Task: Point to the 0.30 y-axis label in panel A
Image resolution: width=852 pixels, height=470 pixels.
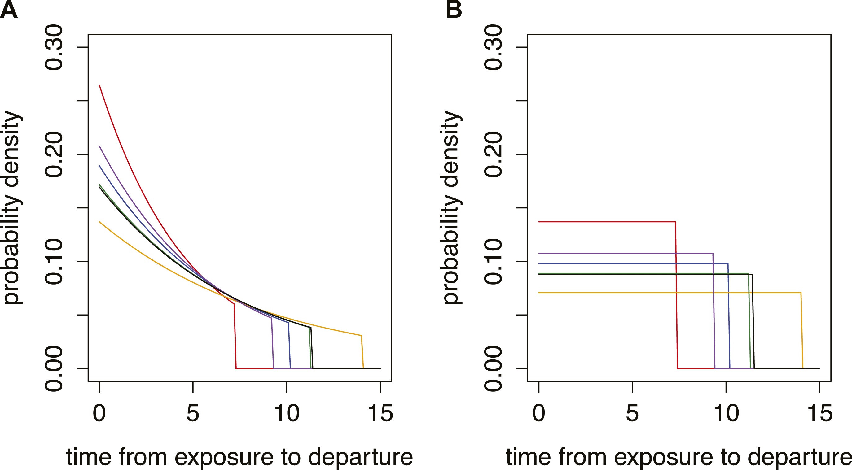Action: (54, 48)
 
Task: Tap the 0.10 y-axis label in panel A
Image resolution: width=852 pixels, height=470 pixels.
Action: (54, 261)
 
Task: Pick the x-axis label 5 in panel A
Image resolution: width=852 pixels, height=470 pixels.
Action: (193, 413)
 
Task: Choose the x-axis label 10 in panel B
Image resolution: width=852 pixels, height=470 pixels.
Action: (726, 413)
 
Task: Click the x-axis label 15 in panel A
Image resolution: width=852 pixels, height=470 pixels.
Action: (380, 413)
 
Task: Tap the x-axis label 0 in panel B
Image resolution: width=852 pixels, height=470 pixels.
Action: (539, 413)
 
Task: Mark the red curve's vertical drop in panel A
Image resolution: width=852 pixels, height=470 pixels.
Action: (235, 336)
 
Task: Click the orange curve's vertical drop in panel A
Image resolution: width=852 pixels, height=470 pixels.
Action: (362, 352)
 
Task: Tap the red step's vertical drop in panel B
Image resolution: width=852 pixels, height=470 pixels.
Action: (676, 294)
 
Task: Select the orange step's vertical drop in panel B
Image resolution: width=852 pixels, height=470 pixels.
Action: (802, 331)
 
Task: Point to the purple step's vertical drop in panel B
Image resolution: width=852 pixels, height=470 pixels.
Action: (714, 311)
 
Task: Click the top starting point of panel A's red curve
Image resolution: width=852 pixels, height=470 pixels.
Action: (99, 85)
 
